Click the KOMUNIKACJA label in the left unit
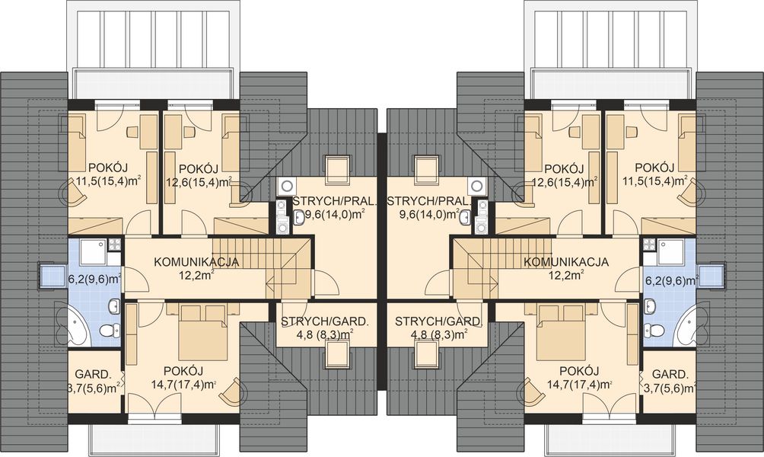[196, 261]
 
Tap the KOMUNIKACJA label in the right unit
[565, 261]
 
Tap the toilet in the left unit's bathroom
[109, 330]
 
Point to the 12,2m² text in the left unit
[196, 275]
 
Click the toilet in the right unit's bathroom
[654, 330]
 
